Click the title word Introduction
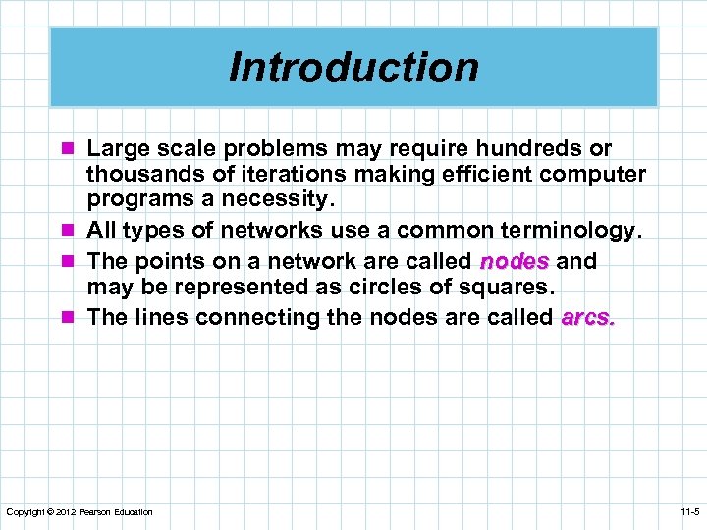click(353, 67)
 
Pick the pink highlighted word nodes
click(514, 261)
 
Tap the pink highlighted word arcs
click(587, 317)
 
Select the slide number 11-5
click(688, 512)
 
